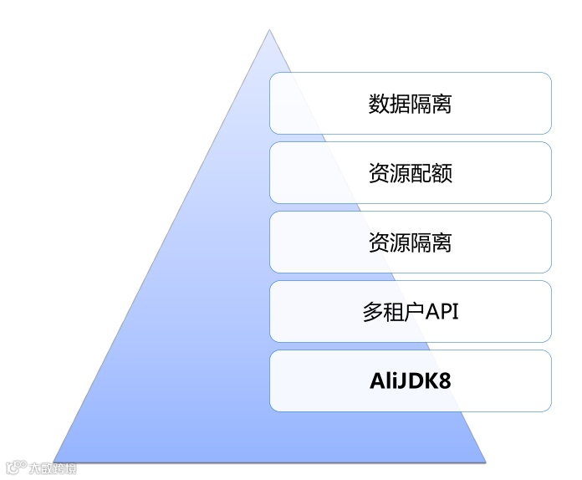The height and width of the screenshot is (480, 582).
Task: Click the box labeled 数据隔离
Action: (410, 103)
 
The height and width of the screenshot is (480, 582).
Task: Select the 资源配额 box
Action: (410, 172)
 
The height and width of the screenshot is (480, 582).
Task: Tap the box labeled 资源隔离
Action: (410, 242)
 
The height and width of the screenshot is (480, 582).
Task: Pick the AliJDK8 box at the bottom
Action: (410, 380)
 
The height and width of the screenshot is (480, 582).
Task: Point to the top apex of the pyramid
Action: (269, 31)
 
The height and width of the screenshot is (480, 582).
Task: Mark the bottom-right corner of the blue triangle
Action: (485, 460)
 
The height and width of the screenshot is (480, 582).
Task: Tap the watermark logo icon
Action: (13, 467)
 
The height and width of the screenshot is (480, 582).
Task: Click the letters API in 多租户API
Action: (440, 312)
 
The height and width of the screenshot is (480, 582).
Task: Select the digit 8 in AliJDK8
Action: (444, 381)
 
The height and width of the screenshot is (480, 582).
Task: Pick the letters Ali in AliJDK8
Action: (384, 381)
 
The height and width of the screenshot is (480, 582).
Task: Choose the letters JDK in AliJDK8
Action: (417, 381)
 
